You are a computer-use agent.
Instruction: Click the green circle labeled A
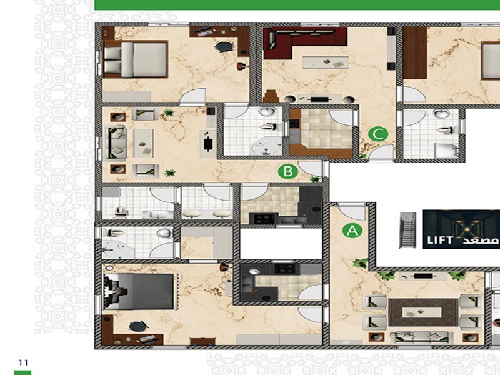352,231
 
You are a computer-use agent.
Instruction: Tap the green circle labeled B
288,171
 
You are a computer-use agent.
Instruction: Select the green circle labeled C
378,134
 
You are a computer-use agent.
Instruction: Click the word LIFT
440,240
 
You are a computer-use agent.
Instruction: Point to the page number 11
23,362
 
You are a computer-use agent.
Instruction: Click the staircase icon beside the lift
408,230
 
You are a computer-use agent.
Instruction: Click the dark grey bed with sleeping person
139,291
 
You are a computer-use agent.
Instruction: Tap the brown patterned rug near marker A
423,312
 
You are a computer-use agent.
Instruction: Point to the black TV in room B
208,143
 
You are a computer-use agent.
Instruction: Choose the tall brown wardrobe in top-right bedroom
415,53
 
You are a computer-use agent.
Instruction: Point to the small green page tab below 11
23,372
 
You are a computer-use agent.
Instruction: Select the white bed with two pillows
136,59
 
